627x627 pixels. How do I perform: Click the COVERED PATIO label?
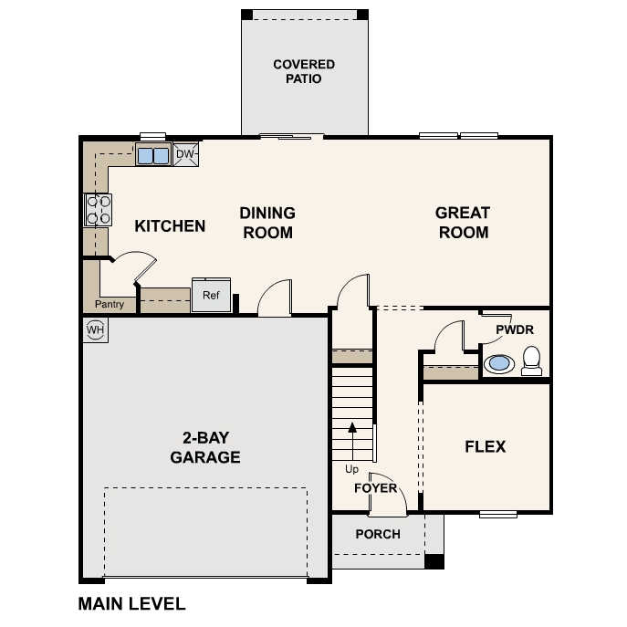(304, 71)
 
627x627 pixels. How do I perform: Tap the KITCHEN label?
(170, 225)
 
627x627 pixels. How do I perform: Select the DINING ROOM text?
(267, 223)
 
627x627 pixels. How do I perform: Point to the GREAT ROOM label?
(464, 223)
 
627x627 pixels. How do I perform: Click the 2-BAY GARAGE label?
(205, 447)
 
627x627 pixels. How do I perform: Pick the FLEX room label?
(486, 447)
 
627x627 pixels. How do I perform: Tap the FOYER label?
(376, 488)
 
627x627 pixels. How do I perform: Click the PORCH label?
(378, 534)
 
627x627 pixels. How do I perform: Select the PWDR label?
(515, 329)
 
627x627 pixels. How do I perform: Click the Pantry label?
(110, 304)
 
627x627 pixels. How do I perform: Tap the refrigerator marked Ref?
(211, 295)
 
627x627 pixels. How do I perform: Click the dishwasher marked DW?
(185, 154)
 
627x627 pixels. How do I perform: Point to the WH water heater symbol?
(95, 329)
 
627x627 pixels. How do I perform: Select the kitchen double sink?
(152, 155)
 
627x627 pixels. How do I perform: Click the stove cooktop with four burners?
(99, 210)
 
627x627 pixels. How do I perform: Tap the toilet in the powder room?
(533, 362)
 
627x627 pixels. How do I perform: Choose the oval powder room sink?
(498, 363)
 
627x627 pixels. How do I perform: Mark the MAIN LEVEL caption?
(131, 603)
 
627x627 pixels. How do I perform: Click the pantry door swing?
(135, 269)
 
